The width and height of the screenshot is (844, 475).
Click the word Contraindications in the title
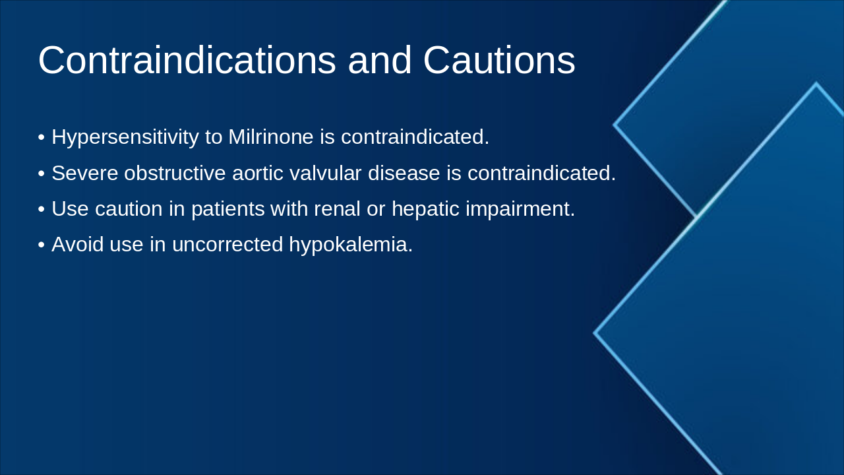pyautogui.click(x=187, y=61)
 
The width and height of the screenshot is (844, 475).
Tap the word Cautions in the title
pyautogui.click(x=499, y=61)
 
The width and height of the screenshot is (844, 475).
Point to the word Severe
pyautogui.click(x=84, y=174)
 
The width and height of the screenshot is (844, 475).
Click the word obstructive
pyautogui.click(x=175, y=174)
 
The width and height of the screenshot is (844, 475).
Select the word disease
pyautogui.click(x=404, y=174)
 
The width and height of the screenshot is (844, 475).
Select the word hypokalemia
pyautogui.click(x=350, y=245)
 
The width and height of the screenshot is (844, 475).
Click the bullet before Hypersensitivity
pyautogui.click(x=42, y=138)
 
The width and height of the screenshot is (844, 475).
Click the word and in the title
pyautogui.click(x=380, y=61)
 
